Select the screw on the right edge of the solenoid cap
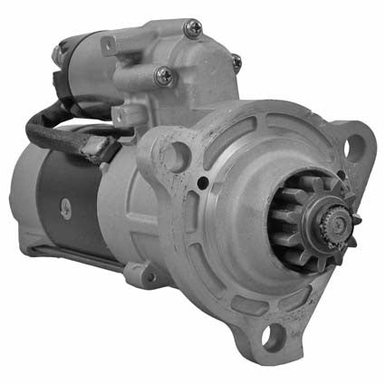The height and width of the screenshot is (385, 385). point(237,63)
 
